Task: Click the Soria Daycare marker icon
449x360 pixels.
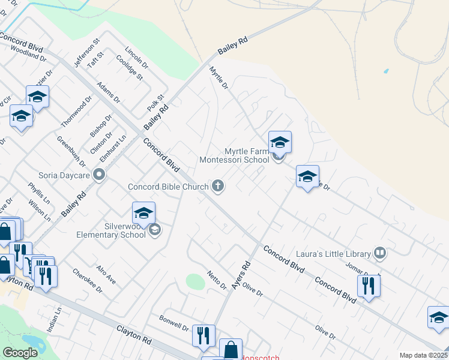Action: tap(100, 175)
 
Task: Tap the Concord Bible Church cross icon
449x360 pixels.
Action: tap(218, 187)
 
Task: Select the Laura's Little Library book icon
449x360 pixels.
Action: tap(379, 253)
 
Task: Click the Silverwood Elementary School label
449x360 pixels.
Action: tap(111, 230)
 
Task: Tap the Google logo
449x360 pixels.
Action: tap(20, 353)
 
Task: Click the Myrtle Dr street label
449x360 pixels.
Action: tap(218, 78)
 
